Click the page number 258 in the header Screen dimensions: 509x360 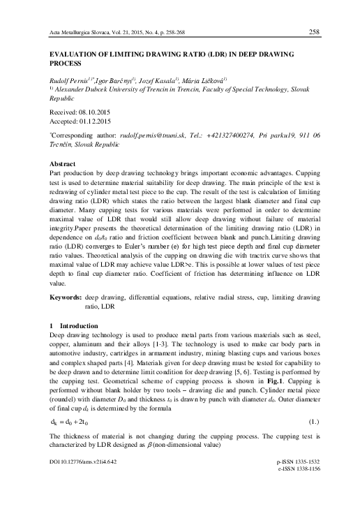pyautogui.click(x=314, y=31)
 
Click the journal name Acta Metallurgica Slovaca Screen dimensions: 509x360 pyautogui.click(x=70, y=32)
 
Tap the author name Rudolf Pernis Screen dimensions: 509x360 pyautogui.click(x=63, y=81)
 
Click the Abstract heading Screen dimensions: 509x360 pyautogui.click(x=55, y=163)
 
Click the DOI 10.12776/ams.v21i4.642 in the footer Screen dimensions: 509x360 pyautogui.click(x=79, y=481)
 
